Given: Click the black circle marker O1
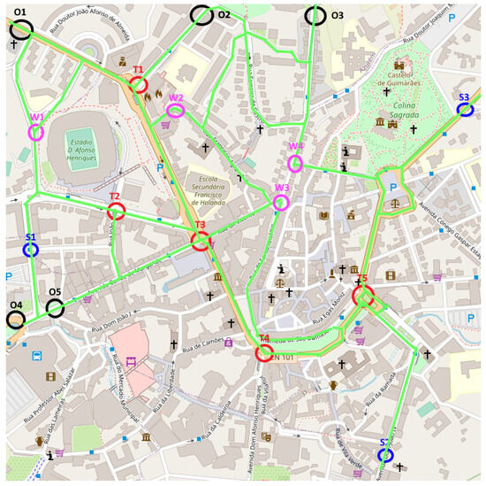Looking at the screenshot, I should click(21, 29).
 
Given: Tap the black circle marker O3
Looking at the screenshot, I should click(315, 15).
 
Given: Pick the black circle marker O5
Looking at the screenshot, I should click(55, 307).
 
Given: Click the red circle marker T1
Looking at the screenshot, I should click(139, 84).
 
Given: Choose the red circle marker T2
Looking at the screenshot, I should click(116, 212).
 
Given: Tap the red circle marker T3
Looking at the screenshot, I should click(201, 241).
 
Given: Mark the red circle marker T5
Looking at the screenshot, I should click(362, 295).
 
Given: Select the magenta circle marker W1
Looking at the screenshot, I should click(36, 132).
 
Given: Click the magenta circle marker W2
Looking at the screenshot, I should click(175, 111).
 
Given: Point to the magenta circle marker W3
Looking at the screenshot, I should click(281, 203).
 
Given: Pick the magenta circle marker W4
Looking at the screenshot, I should click(295, 162).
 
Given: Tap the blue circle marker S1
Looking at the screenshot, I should click(31, 251).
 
